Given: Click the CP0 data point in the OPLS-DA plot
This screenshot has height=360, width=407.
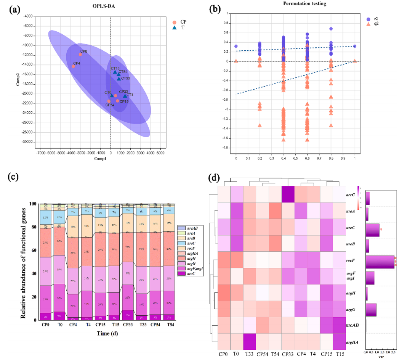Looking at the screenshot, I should (80, 55).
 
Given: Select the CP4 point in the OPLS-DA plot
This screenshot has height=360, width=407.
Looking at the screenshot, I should (74, 66).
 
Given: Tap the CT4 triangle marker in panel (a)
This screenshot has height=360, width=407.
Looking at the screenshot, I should (125, 96).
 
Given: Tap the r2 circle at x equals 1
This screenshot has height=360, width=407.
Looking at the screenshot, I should (355, 46).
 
